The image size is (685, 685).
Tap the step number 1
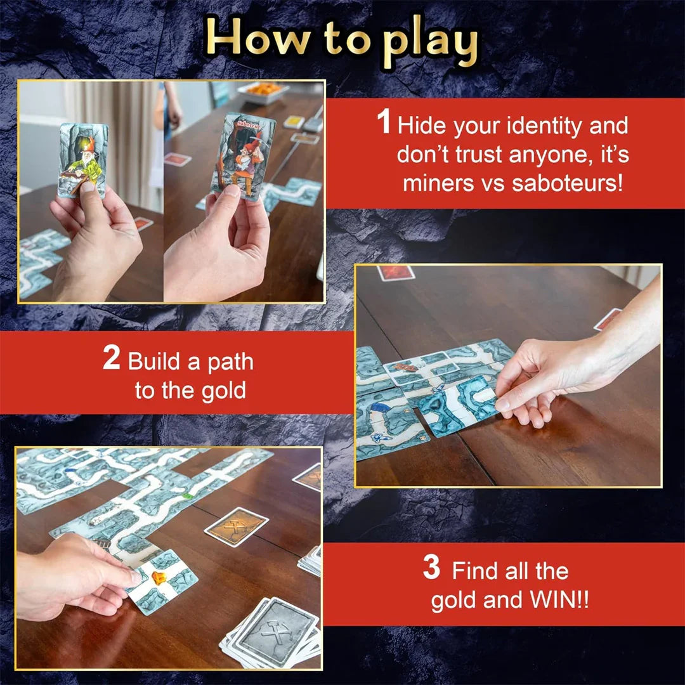384,122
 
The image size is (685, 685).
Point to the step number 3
431,568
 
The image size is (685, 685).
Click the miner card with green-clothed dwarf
82,159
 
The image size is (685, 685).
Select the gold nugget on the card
159,578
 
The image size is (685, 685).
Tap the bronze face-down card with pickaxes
237,526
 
